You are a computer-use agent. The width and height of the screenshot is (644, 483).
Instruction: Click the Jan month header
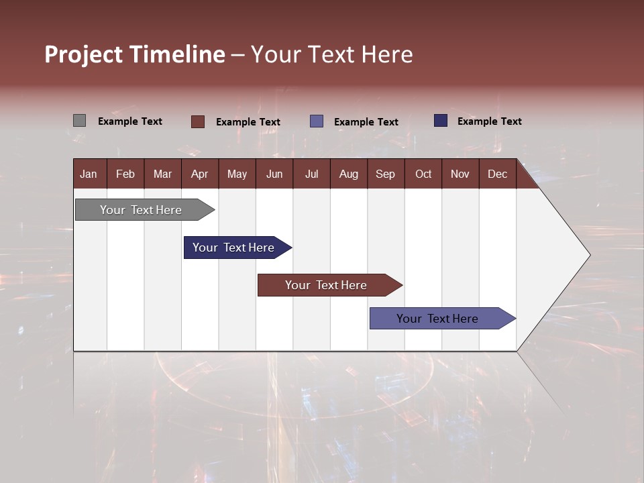(89, 174)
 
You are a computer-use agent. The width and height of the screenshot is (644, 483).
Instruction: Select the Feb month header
(125, 174)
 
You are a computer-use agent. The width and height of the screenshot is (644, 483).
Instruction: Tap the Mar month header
(162, 174)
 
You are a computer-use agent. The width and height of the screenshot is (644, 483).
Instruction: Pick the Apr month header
(200, 174)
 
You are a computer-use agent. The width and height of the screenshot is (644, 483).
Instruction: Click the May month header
(237, 174)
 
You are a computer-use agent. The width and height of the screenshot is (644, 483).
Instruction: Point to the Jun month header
(274, 174)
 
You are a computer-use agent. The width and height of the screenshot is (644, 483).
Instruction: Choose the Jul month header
(311, 174)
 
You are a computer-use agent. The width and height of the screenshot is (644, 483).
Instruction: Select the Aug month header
(349, 174)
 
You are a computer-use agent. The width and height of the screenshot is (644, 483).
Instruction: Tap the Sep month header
(386, 174)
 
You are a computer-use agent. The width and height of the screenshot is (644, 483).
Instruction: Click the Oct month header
(423, 174)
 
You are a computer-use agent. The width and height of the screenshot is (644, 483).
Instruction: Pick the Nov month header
(460, 174)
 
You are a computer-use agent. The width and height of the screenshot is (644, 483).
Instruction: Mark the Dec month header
(498, 174)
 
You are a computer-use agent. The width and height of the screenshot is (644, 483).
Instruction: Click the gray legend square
(80, 121)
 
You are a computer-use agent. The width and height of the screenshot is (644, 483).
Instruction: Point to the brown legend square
(198, 121)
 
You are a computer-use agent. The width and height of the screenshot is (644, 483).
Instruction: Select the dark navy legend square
(441, 121)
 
